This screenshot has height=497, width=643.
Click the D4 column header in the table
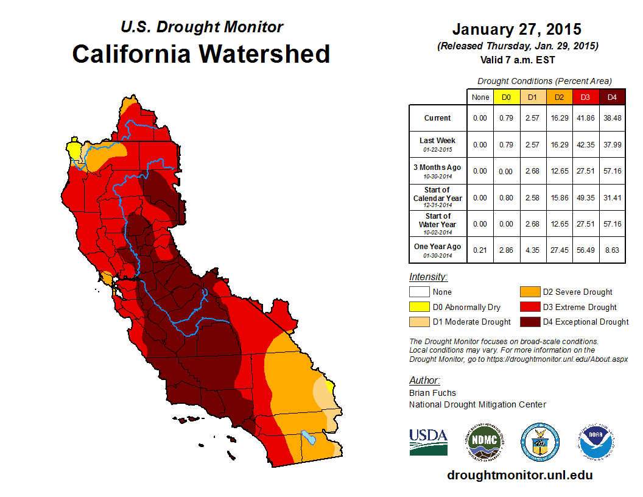(611, 97)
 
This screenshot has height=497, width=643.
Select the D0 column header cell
(506, 97)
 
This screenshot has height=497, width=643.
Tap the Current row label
(438, 118)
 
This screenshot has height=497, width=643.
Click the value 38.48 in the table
(611, 118)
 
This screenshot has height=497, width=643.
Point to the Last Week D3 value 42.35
(585, 144)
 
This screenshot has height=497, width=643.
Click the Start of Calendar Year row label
(438, 197)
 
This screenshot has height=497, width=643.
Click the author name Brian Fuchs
(432, 393)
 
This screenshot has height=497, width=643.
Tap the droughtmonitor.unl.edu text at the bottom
(519, 475)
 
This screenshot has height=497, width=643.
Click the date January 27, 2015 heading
(516, 29)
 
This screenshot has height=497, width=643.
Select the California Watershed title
(201, 54)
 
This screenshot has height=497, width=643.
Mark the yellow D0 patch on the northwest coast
(74, 149)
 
